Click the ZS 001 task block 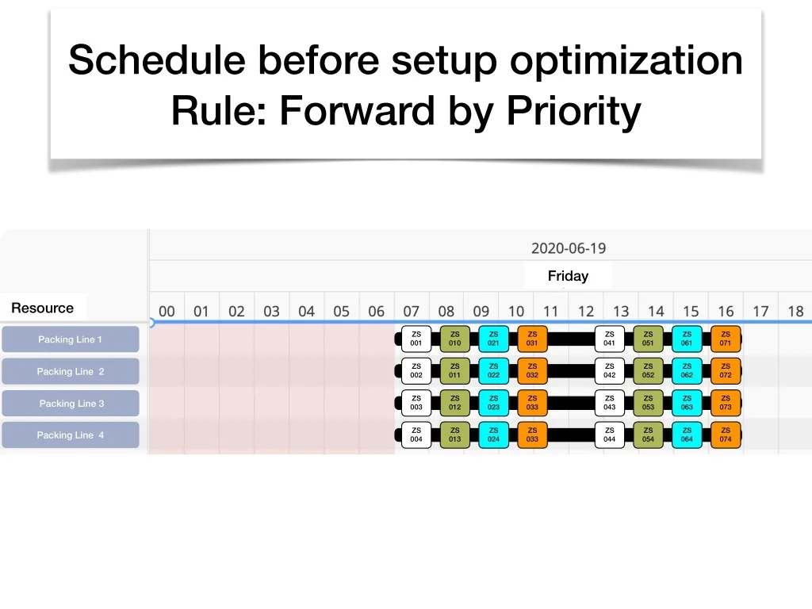[x=416, y=339]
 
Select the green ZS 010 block [x=454, y=339]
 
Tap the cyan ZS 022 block [x=493, y=371]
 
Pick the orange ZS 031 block [x=532, y=339]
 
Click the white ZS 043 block [x=610, y=403]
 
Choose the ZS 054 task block [x=649, y=435]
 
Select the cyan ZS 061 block [x=687, y=339]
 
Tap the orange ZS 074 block [x=726, y=435]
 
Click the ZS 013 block [x=454, y=435]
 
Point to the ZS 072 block [x=726, y=371]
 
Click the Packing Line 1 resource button [x=71, y=339]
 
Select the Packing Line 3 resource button [x=71, y=404]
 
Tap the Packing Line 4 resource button [x=71, y=435]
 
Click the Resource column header [x=43, y=308]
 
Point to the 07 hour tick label [x=412, y=311]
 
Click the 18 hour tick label [x=795, y=311]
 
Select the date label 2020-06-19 [x=569, y=248]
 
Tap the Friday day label [x=568, y=276]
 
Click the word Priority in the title [x=574, y=111]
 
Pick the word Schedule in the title [x=157, y=60]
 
